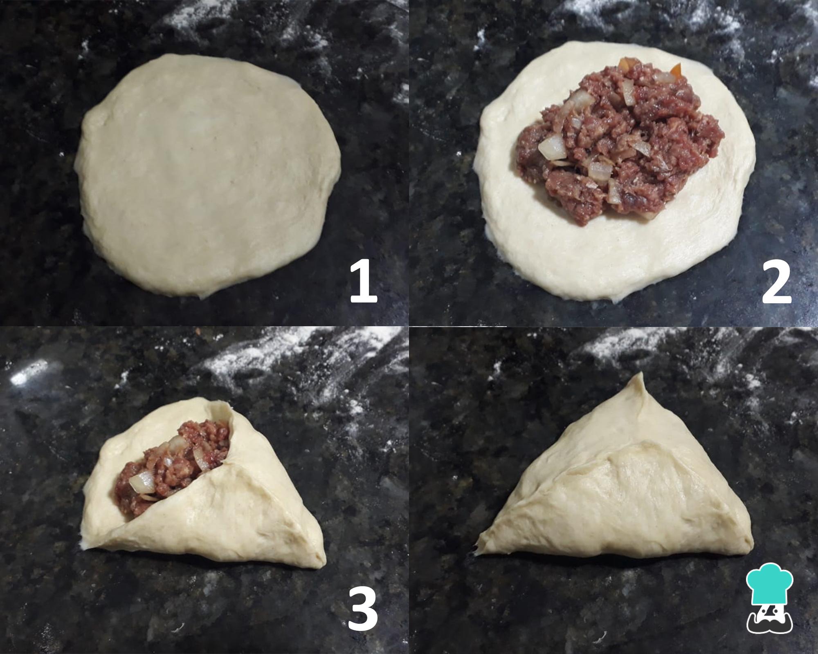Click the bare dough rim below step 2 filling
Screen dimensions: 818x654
click(x=613, y=258)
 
